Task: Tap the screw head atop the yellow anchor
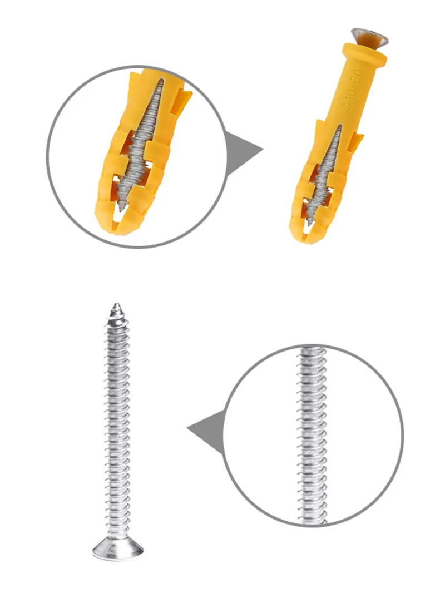(x=369, y=38)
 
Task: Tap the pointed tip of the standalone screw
(x=117, y=307)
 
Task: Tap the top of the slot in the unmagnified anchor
(x=339, y=128)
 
